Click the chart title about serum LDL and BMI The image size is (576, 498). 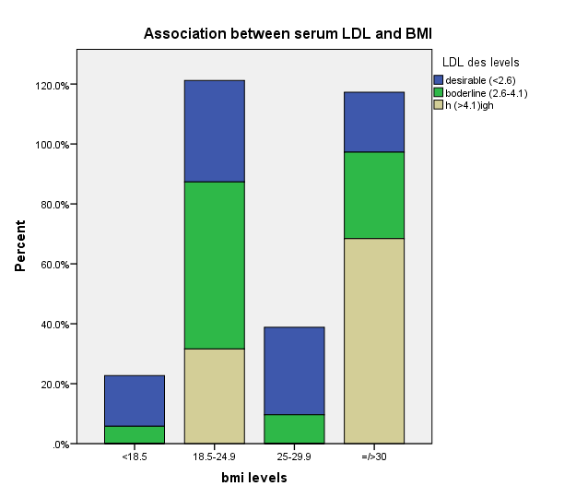coord(288,34)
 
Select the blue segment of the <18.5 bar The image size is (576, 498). coord(134,400)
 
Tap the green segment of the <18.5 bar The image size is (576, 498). coord(134,434)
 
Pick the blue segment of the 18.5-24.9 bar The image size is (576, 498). coord(214,131)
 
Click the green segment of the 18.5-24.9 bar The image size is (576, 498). coord(214,265)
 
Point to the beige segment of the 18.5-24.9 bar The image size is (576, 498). coord(214,396)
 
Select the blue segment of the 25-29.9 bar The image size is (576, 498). coord(294,371)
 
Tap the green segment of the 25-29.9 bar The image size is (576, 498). coord(294,429)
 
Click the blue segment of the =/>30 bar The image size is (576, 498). coord(374,122)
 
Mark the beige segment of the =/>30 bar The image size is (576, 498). coord(374,340)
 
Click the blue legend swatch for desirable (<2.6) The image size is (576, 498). coord(438,80)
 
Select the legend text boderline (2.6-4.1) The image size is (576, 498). coord(487,93)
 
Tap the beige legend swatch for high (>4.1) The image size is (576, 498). coord(438,105)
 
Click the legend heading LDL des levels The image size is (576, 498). coord(480,63)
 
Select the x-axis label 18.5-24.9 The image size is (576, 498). coord(214,456)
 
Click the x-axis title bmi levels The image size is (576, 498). coord(253,478)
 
